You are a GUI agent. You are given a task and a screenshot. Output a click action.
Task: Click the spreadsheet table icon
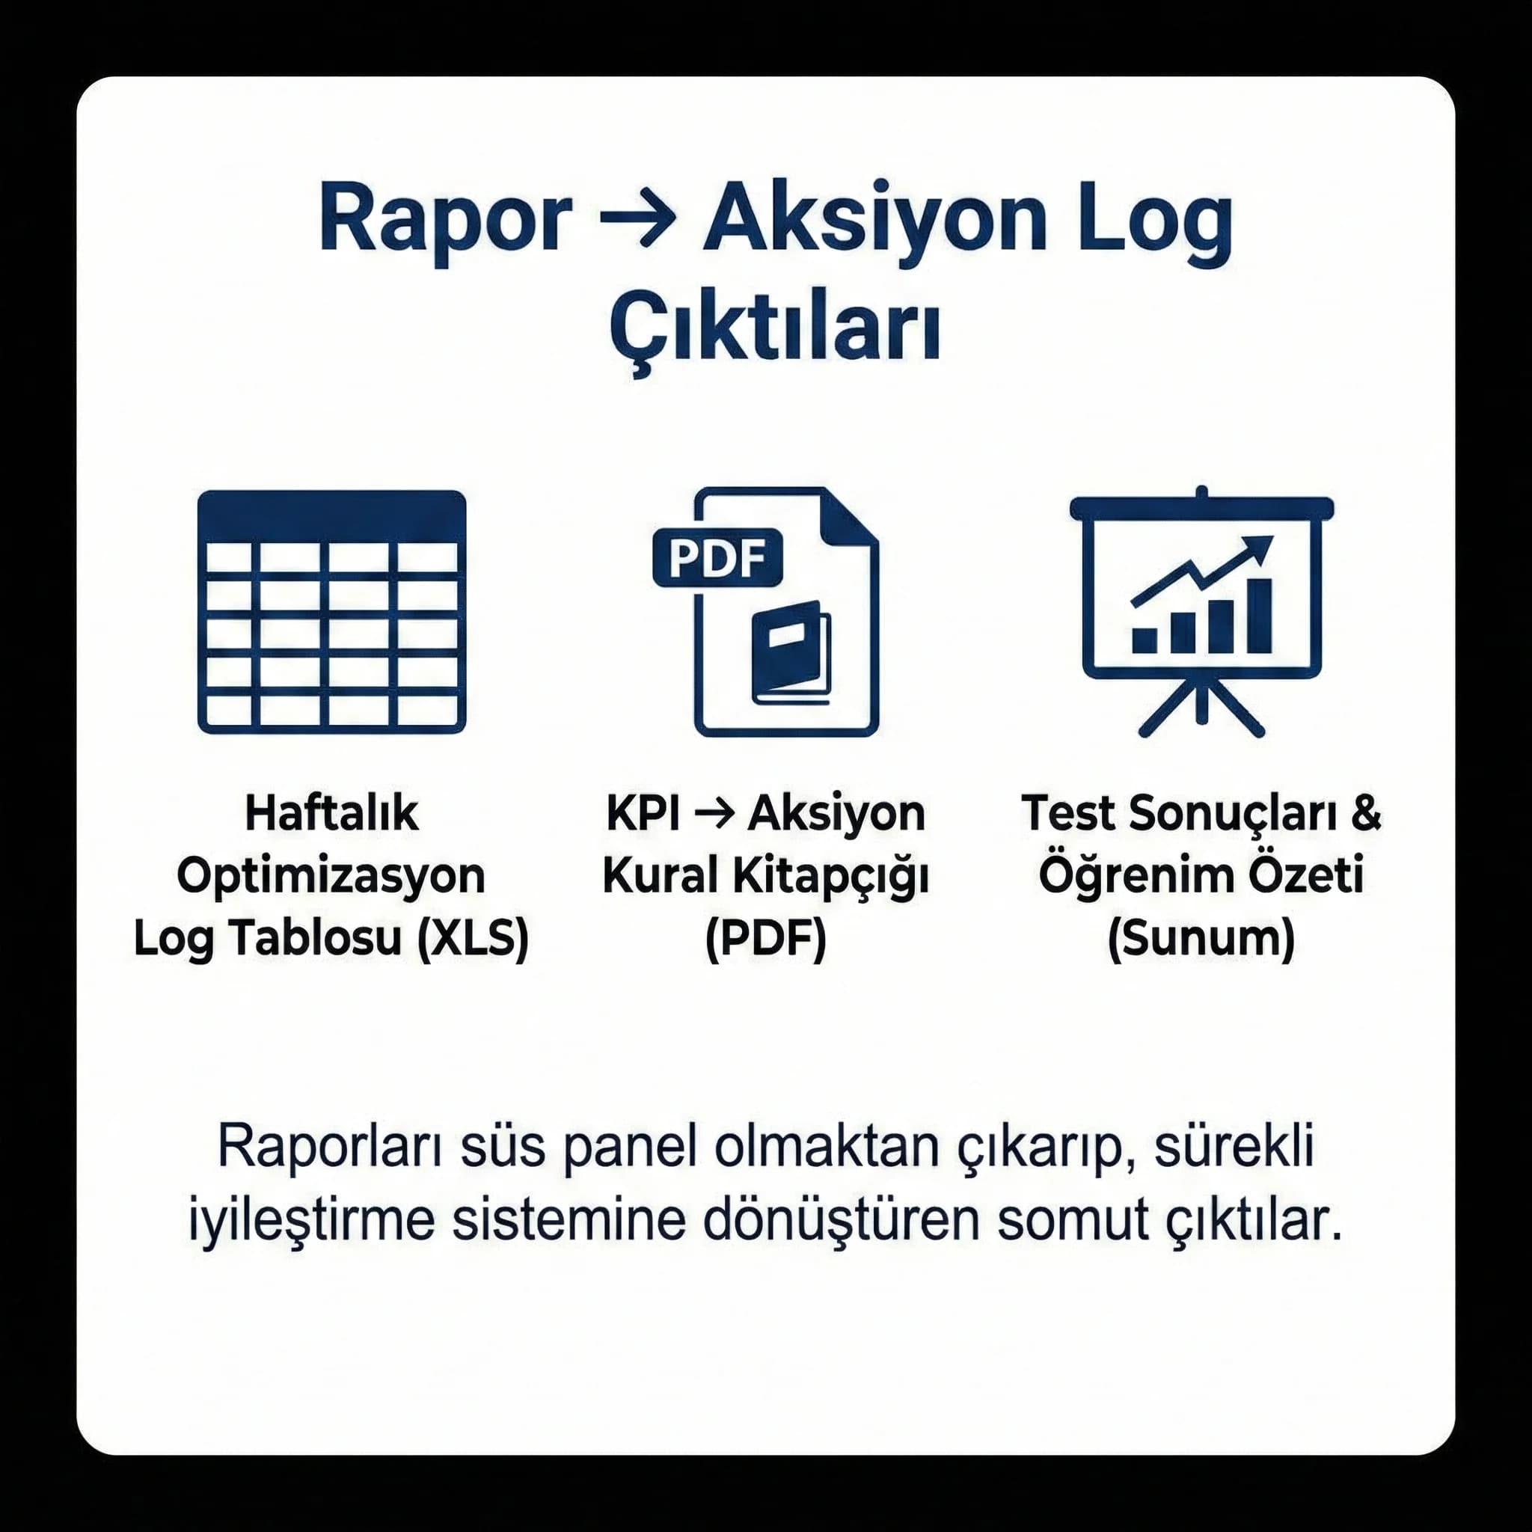(x=331, y=612)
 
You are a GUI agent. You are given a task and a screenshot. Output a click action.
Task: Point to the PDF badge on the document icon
(x=717, y=557)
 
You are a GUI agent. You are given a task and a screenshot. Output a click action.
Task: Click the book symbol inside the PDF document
(x=790, y=652)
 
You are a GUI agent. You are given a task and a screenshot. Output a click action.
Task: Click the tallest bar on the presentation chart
(x=1258, y=616)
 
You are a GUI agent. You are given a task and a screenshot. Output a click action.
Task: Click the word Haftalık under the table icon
(x=331, y=814)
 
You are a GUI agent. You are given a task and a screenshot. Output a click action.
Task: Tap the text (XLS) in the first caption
(x=474, y=938)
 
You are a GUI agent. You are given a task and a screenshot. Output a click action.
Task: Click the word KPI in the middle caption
(x=643, y=814)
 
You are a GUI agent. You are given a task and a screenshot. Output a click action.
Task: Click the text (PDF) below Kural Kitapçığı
(x=765, y=938)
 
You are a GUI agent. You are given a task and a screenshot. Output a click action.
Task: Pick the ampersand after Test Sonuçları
(x=1364, y=814)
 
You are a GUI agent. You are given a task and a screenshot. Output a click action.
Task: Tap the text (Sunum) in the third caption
(x=1201, y=938)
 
